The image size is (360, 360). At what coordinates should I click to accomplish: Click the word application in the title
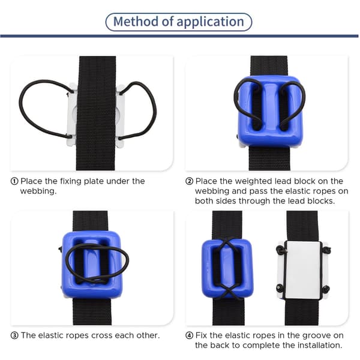[210, 22]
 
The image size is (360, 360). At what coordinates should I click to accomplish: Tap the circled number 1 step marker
[14, 181]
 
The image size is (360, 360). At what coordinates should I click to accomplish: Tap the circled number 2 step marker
[189, 181]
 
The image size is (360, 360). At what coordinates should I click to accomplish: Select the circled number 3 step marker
[14, 335]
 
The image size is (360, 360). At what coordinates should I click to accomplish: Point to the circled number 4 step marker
[189, 335]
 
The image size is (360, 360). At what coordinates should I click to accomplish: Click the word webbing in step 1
[38, 191]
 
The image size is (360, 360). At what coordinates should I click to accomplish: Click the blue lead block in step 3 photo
[92, 265]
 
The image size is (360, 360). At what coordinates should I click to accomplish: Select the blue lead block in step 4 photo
[227, 269]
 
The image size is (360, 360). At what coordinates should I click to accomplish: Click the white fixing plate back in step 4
[302, 270]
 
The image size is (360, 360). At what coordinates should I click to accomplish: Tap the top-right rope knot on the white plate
[326, 250]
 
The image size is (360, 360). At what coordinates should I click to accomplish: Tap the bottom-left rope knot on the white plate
[280, 287]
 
